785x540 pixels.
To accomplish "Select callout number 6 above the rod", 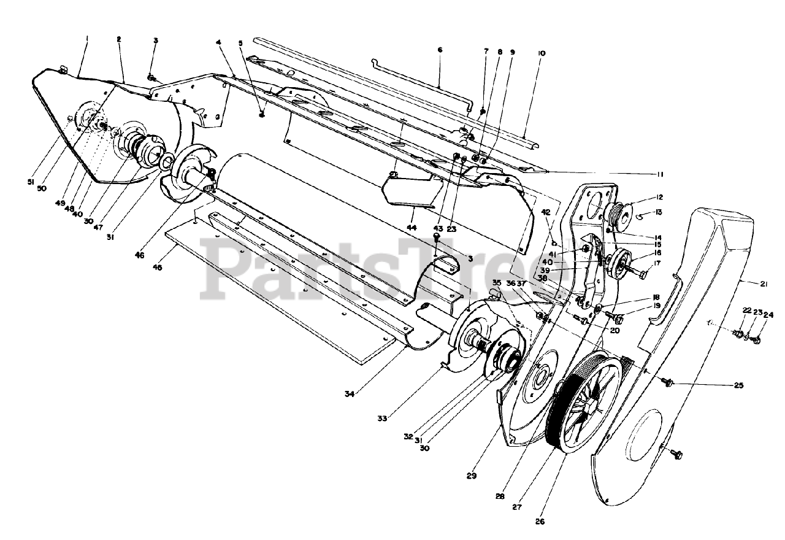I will pyautogui.click(x=439, y=50).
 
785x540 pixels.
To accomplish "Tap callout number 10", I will pyautogui.click(x=541, y=53).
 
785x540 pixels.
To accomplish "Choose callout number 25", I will pyautogui.click(x=738, y=385).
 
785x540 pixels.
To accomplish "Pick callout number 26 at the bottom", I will pyautogui.click(x=540, y=522).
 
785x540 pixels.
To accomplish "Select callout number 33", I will pyautogui.click(x=382, y=418).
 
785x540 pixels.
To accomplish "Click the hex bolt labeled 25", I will pyautogui.click(x=669, y=383).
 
